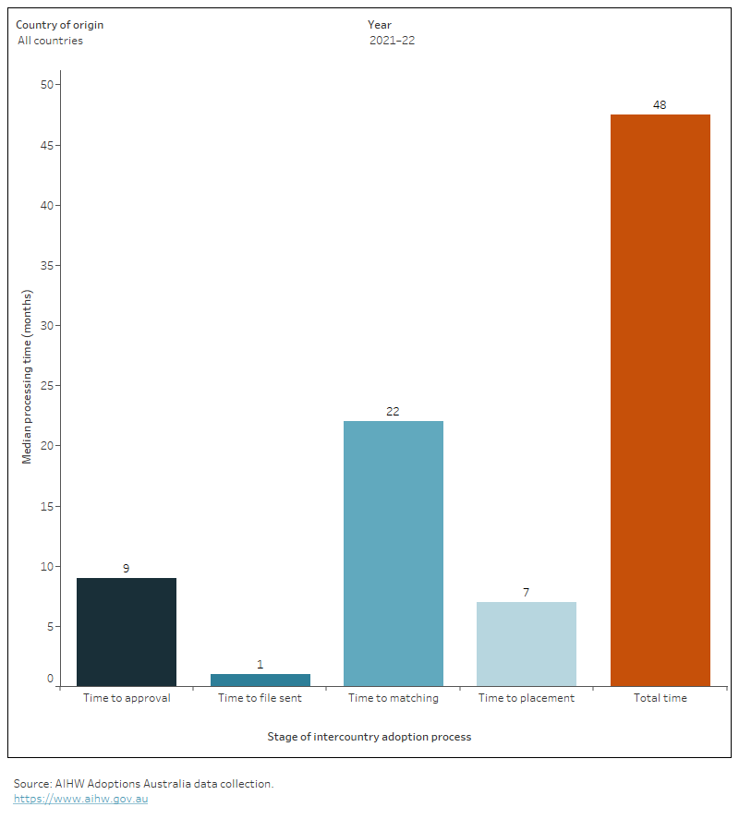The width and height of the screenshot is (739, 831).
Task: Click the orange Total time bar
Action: click(660, 400)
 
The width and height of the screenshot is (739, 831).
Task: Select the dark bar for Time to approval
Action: click(127, 632)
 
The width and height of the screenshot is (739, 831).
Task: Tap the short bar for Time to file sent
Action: click(260, 680)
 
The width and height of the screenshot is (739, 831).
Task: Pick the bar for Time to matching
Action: click(394, 553)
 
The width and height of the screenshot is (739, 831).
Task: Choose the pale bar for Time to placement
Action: click(527, 644)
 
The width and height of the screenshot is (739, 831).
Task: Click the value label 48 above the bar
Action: click(660, 105)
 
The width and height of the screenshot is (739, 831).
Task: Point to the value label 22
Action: click(394, 412)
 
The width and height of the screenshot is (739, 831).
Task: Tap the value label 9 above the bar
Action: click(127, 569)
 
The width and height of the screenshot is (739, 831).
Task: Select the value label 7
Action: click(527, 593)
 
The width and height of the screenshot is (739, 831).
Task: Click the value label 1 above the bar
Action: click(260, 665)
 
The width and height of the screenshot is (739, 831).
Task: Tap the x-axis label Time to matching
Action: click(394, 698)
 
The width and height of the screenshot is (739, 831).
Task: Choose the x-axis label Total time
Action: click(660, 698)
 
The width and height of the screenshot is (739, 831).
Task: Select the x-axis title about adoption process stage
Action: click(369, 737)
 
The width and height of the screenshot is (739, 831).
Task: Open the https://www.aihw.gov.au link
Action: click(80, 799)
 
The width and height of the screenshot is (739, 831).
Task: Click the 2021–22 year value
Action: click(391, 41)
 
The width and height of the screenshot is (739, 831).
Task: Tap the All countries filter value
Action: click(50, 41)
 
